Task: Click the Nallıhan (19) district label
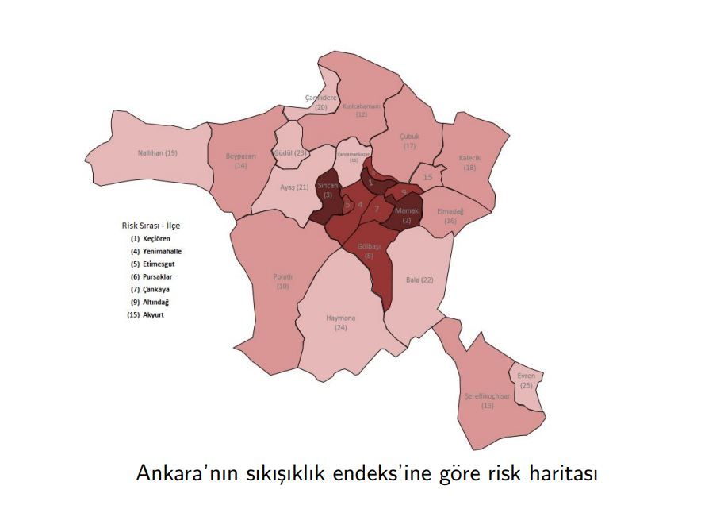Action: [158, 152]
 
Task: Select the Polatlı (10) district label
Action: [283, 281]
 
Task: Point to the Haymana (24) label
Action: [341, 322]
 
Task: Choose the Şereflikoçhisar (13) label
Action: [487, 400]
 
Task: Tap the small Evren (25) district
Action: [527, 380]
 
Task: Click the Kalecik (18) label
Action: [470, 163]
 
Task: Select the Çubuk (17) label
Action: [409, 141]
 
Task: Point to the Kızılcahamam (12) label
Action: [362, 110]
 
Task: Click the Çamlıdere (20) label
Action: [321, 102]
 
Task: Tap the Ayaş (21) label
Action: [295, 187]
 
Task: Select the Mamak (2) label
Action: [407, 215]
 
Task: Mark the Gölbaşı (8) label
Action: [369, 251]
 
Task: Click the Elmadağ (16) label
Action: [450, 216]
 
